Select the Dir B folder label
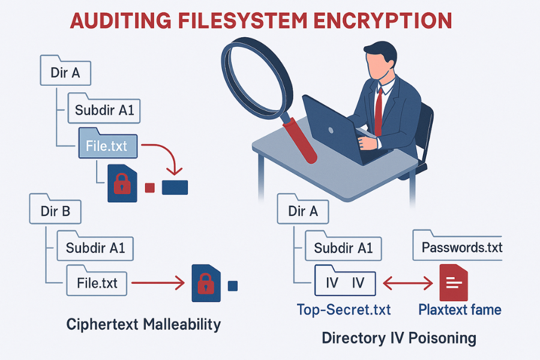coord(55,211)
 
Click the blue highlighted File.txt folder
coord(107,145)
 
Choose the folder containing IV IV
coord(345,282)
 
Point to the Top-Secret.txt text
coord(344,310)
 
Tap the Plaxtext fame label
coord(460,310)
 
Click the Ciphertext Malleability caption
coord(143,325)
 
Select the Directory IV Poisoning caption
coord(399,338)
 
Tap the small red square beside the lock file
coord(150,188)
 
